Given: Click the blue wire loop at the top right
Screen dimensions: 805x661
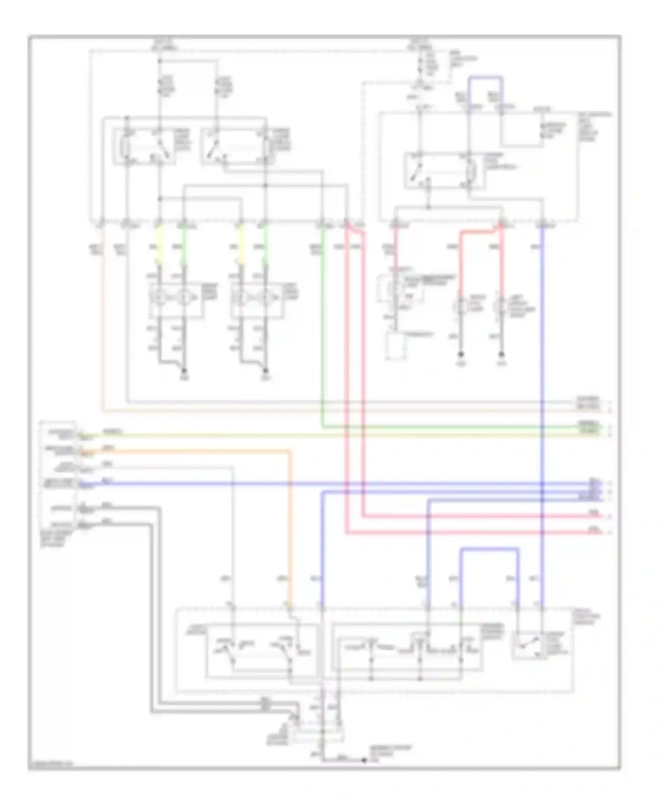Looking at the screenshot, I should click(485, 78).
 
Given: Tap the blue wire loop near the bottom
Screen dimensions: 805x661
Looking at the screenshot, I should click(489, 549).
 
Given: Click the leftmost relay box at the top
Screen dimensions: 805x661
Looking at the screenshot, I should click(144, 147).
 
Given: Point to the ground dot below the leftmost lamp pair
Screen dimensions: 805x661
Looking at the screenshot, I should click(184, 371).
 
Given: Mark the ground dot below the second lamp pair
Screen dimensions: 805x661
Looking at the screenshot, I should click(265, 371).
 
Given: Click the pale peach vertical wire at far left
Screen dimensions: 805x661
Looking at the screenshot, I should click(103, 317).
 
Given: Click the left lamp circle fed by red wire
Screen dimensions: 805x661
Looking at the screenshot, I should click(461, 305).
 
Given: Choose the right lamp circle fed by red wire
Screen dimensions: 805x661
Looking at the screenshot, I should click(501, 305).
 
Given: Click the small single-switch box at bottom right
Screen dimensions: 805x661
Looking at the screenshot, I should click(528, 646).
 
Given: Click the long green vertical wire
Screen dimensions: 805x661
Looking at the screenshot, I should click(323, 326).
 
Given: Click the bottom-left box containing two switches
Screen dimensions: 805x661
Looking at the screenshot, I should click(261, 651).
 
